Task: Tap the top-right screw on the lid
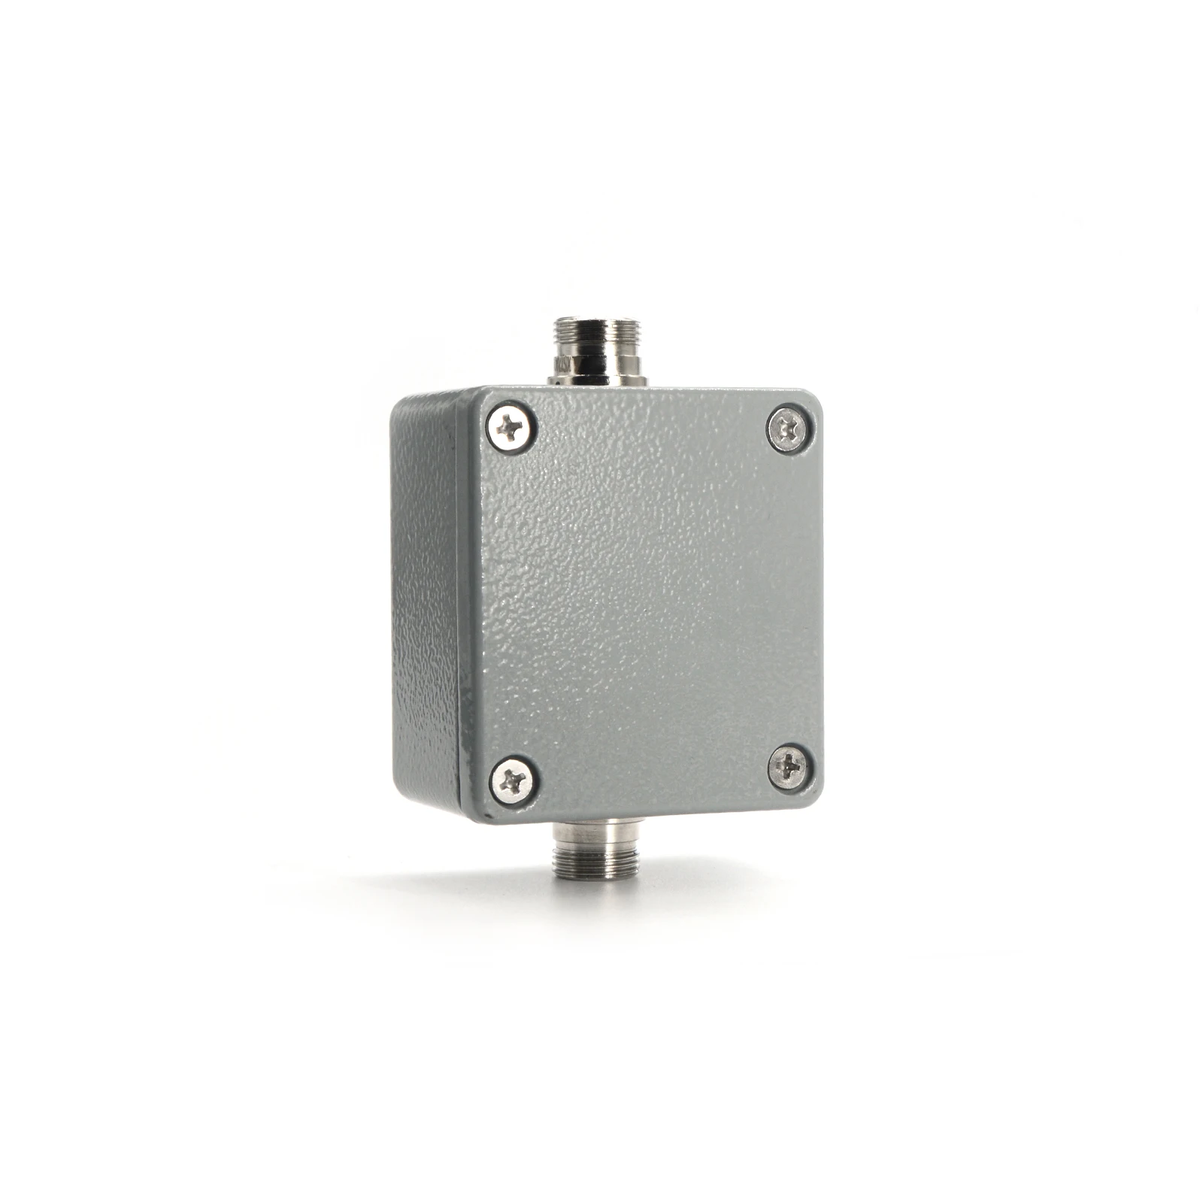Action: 788,429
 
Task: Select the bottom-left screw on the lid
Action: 513,780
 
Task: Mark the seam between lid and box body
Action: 459,601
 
